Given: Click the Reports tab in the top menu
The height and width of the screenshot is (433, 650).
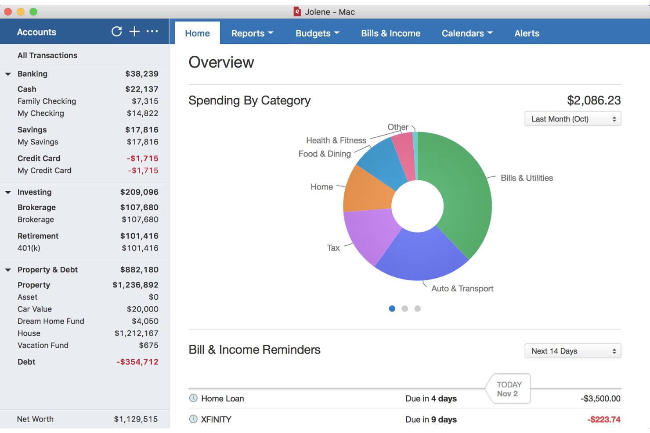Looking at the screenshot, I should tap(252, 33).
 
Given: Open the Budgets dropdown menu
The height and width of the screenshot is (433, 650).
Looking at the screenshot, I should tap(317, 33).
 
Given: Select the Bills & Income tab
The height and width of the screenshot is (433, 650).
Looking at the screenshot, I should tap(390, 33).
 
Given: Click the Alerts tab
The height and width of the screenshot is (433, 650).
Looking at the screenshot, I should tap(527, 33).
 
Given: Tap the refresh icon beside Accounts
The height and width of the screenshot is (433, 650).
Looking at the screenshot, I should tap(116, 32).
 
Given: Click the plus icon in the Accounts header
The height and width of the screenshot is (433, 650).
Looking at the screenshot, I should tap(134, 32).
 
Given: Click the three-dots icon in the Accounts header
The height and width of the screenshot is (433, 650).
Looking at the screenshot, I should tap(152, 32).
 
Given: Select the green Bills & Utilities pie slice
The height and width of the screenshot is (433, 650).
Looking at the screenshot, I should tap(461, 193).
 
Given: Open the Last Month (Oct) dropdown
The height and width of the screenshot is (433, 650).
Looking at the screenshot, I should tap(573, 119).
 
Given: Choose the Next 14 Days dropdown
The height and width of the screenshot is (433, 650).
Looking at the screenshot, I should tap(573, 351).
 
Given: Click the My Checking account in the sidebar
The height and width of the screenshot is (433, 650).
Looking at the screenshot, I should tap(41, 113).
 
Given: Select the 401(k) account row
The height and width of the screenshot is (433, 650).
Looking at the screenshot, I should tap(29, 248).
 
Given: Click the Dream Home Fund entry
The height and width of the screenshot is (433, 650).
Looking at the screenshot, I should tap(51, 321).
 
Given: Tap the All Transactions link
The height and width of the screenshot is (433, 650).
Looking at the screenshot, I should tap(47, 55).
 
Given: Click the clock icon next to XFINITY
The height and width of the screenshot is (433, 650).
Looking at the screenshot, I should tap(193, 419).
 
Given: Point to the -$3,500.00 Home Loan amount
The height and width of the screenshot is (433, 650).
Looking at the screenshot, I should tap(600, 398).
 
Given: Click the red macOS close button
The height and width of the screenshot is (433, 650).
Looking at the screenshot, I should tap(8, 12).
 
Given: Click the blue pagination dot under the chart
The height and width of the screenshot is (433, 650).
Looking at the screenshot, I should tap(392, 309).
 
